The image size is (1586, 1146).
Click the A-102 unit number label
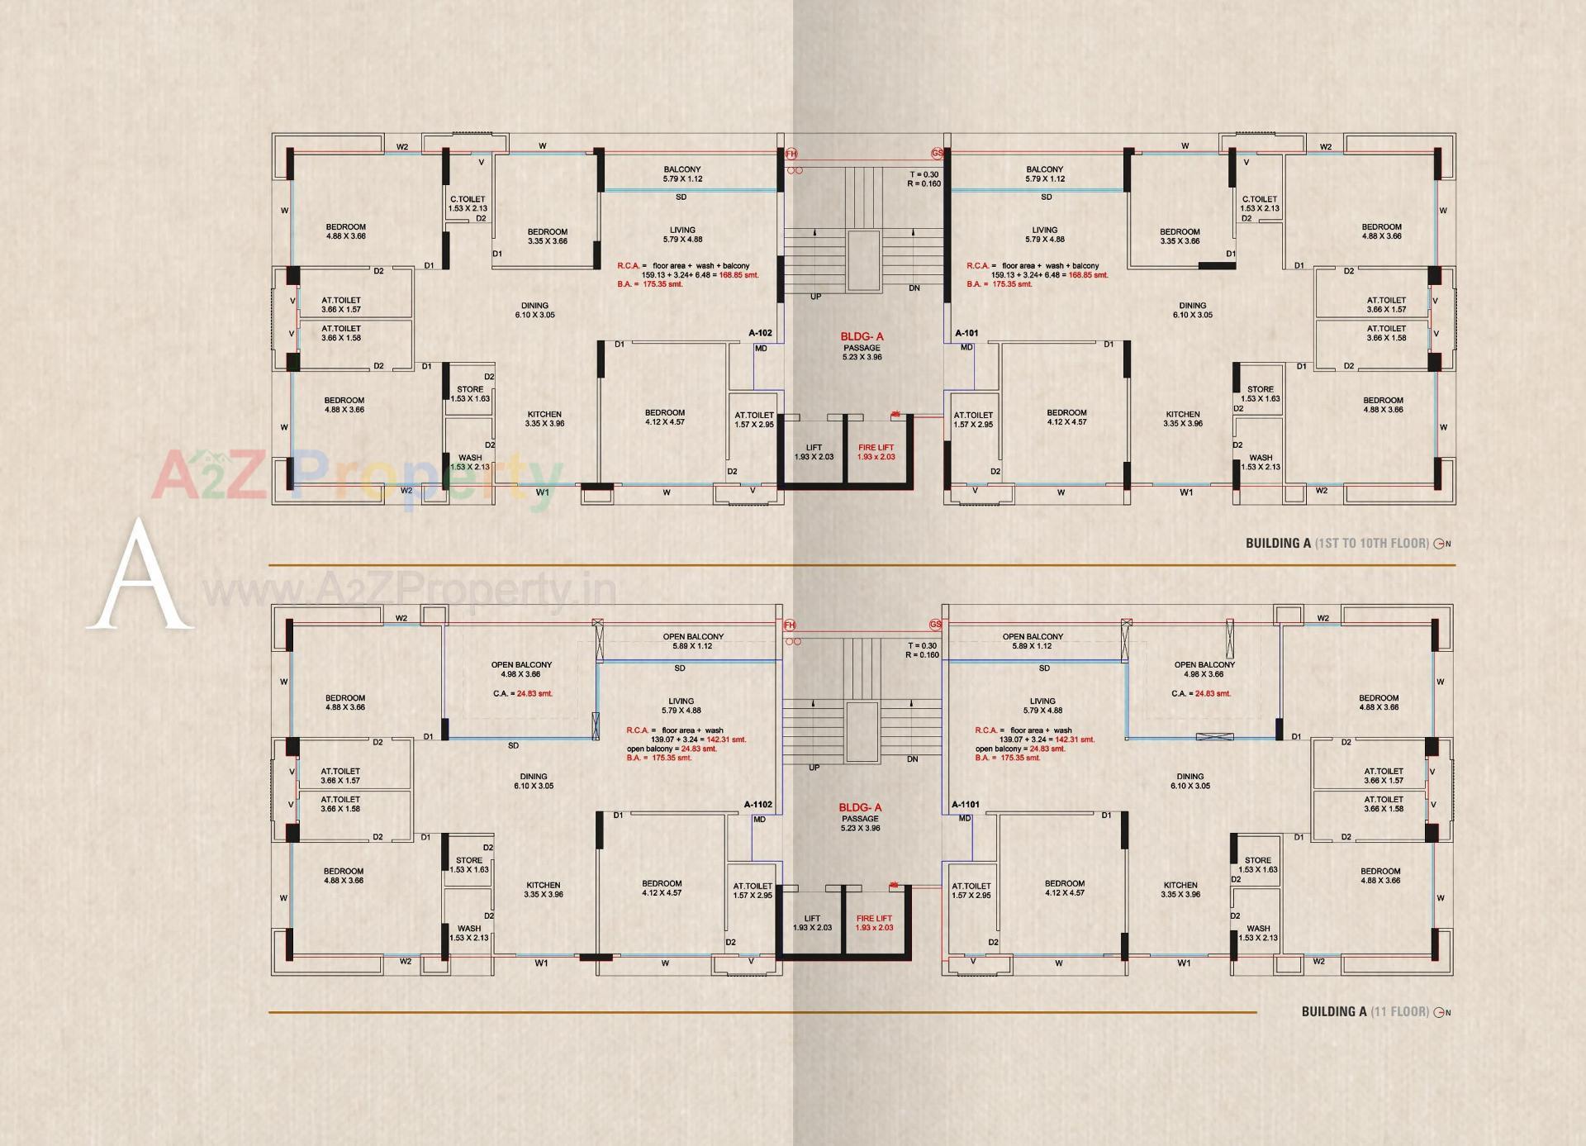click(x=760, y=333)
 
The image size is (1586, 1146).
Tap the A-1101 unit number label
click(x=965, y=804)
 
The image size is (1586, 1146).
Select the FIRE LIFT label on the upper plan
click(x=876, y=452)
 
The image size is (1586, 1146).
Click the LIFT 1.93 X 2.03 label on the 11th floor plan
click(x=812, y=923)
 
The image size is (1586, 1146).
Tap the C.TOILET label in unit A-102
click(x=468, y=203)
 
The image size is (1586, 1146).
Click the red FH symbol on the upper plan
click(x=791, y=154)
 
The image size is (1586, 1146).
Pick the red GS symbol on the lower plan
click(x=936, y=625)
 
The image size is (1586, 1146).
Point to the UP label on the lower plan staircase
click(x=814, y=768)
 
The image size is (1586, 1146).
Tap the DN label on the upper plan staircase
click(x=914, y=288)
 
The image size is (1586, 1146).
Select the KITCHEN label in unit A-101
click(x=1183, y=418)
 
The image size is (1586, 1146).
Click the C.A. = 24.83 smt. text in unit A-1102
click(x=522, y=693)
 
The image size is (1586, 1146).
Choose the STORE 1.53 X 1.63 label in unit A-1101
click(x=1258, y=864)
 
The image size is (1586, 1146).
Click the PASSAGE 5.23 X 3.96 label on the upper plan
click(x=862, y=352)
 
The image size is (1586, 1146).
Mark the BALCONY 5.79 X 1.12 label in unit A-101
click(x=1045, y=174)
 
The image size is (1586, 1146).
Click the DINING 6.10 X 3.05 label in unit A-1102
click(x=534, y=781)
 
